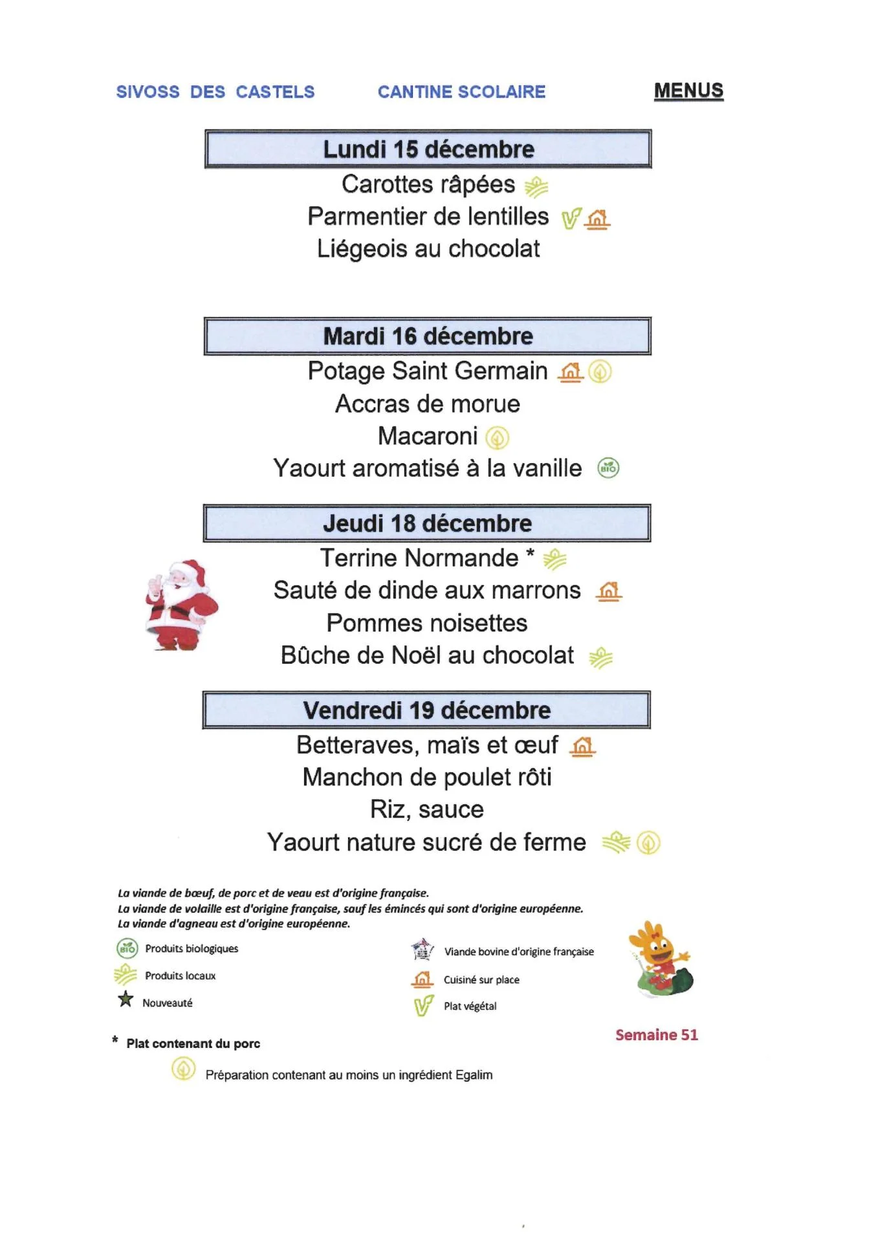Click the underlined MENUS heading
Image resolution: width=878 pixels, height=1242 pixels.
coord(688,91)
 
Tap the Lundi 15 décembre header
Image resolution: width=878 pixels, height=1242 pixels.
coord(428,149)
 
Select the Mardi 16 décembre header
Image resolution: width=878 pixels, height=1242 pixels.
coord(428,336)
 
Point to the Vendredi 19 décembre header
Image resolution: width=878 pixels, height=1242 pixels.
coord(426,710)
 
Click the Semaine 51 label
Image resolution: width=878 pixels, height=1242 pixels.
coord(656,1035)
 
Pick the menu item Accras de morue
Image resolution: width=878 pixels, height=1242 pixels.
coord(428,404)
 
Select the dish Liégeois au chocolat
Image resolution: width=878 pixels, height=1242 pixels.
coord(428,249)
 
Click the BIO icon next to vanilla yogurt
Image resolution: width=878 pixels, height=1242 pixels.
coord(608,468)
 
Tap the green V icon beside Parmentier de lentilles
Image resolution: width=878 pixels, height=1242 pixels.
coord(570,219)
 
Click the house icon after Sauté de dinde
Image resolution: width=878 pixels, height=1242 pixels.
coord(609,591)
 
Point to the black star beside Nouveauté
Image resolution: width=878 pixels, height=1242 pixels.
coord(126,999)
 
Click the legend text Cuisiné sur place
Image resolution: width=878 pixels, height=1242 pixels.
coord(481,980)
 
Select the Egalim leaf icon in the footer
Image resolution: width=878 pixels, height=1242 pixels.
coord(183,1069)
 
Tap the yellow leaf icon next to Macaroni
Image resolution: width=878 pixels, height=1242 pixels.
coord(497,438)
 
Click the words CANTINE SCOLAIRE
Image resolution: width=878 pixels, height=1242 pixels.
coord(461,92)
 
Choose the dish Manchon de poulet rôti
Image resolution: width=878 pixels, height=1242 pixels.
coord(427,778)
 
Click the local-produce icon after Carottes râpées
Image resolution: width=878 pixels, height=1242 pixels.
coord(536,188)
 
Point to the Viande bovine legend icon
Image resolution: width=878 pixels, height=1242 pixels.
coord(423,950)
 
